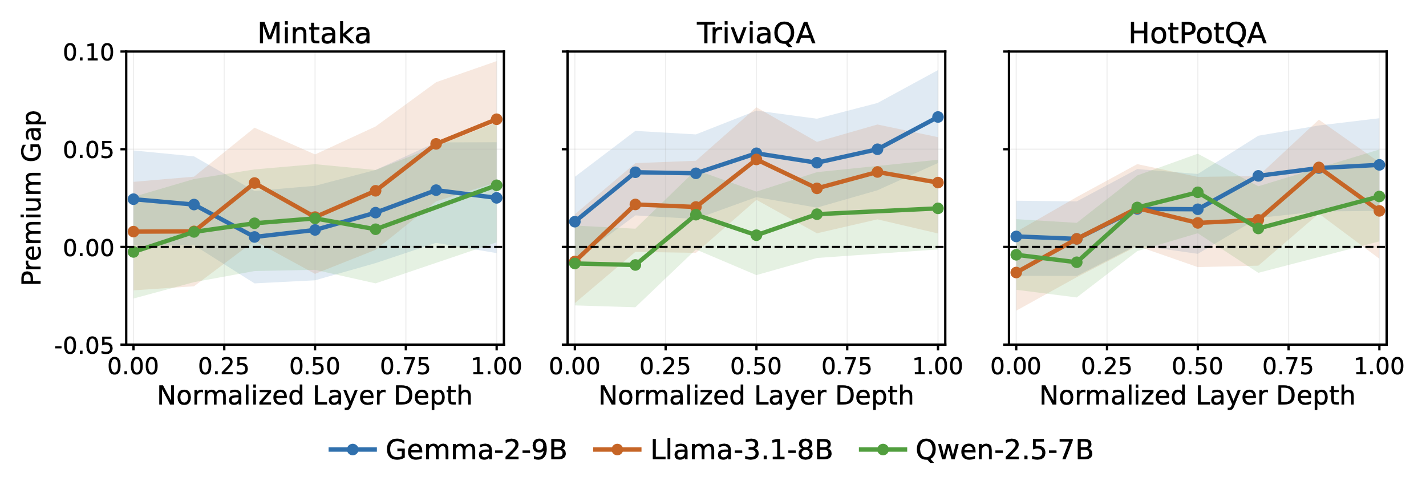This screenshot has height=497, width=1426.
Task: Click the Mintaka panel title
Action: tap(314, 34)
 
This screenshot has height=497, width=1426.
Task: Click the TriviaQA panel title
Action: tap(756, 34)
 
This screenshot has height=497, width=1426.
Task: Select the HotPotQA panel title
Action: tap(1197, 34)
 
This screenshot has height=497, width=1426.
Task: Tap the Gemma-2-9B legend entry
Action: tap(448, 450)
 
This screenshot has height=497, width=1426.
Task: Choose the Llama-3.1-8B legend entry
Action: tap(713, 450)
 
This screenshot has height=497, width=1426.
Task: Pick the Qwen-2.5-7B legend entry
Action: tap(976, 450)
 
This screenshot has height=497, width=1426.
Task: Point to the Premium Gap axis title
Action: tap(31, 198)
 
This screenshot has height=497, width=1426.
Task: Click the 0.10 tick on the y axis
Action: tap(88, 52)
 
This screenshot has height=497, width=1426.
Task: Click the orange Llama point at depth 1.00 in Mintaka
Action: tap(497, 119)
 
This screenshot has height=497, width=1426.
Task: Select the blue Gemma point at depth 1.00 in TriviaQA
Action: tap(938, 117)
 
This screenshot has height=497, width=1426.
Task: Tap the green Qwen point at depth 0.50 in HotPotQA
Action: tap(1197, 192)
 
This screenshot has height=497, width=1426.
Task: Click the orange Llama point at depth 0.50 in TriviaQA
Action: tap(756, 159)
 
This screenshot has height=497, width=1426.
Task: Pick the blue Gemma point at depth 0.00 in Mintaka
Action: tap(133, 199)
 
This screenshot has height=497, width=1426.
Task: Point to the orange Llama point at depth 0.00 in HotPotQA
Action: tap(1016, 273)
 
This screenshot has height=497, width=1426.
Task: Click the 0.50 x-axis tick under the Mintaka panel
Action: tap(315, 366)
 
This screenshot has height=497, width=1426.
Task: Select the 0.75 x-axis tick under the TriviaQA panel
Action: tap(847, 366)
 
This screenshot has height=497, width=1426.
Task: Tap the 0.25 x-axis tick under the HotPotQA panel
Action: tap(1107, 366)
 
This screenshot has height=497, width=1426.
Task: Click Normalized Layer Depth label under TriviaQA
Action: tap(756, 395)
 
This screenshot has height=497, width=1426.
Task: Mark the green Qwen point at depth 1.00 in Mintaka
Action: tap(497, 185)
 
